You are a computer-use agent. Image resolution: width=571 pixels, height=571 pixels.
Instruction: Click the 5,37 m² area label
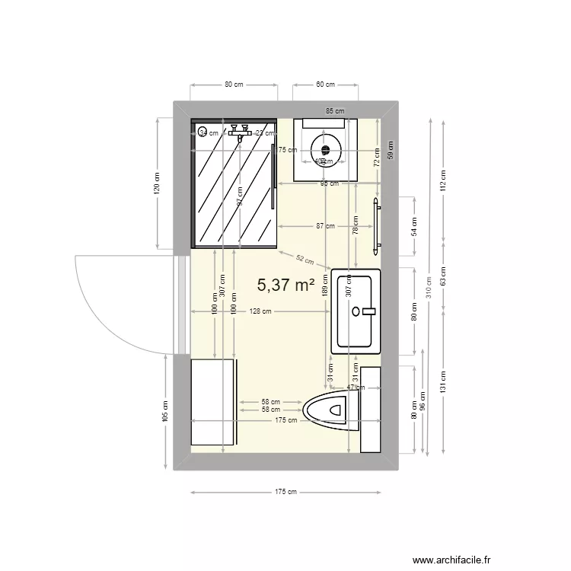click(286, 285)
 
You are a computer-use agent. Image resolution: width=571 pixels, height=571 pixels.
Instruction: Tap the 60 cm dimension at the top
click(325, 85)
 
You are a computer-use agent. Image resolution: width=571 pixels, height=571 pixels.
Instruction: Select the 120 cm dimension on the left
click(157, 183)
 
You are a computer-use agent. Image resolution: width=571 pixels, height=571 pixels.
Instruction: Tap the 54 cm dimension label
click(413, 226)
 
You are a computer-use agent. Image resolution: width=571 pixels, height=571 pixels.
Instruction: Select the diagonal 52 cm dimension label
click(305, 260)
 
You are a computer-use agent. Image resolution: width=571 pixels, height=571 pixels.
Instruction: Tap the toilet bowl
click(332, 410)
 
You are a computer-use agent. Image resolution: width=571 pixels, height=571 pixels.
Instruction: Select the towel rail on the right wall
click(376, 226)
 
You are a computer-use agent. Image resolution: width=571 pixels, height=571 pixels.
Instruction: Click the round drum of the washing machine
click(326, 149)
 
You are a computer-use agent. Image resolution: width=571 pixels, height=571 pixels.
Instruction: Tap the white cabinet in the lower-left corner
click(212, 403)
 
